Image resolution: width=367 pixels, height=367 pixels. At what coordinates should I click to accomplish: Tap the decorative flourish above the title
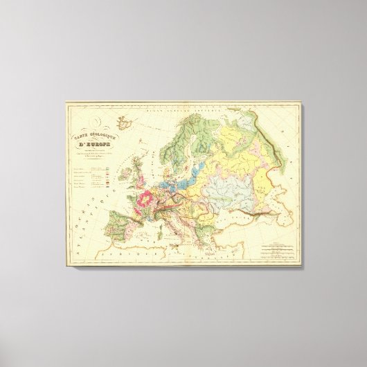coord(124,124)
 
